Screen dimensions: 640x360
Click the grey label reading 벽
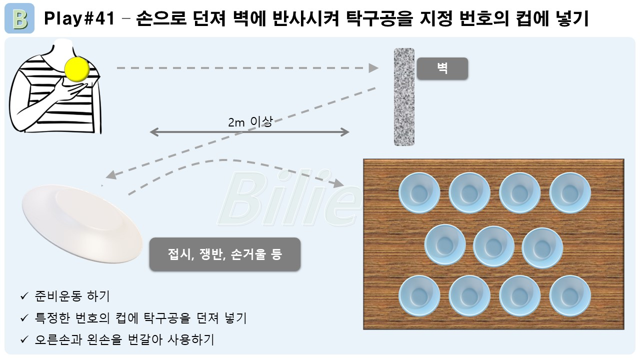[x=442, y=68]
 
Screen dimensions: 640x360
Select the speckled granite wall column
[x=404, y=96]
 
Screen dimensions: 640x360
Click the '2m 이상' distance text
[x=250, y=122]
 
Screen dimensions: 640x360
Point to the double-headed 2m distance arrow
[x=249, y=132]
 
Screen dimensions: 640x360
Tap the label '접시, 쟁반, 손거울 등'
[x=225, y=254]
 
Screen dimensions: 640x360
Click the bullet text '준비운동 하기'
[x=72, y=296]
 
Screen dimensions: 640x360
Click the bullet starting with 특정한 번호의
[x=140, y=318]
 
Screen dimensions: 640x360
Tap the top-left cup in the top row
[x=419, y=192]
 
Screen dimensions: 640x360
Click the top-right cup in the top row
[x=570, y=192]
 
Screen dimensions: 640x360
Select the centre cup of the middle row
[x=493, y=245]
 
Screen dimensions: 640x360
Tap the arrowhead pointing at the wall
[x=374, y=68]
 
